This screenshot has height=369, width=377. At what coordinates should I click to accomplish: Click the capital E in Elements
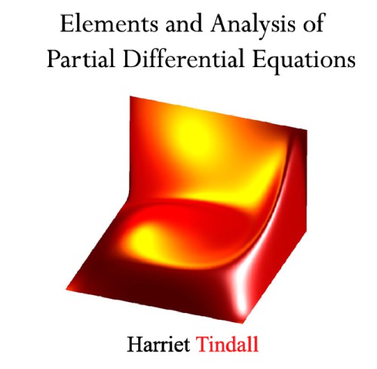coord(68,24)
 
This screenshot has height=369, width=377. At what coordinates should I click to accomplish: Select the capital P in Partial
coord(52,60)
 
